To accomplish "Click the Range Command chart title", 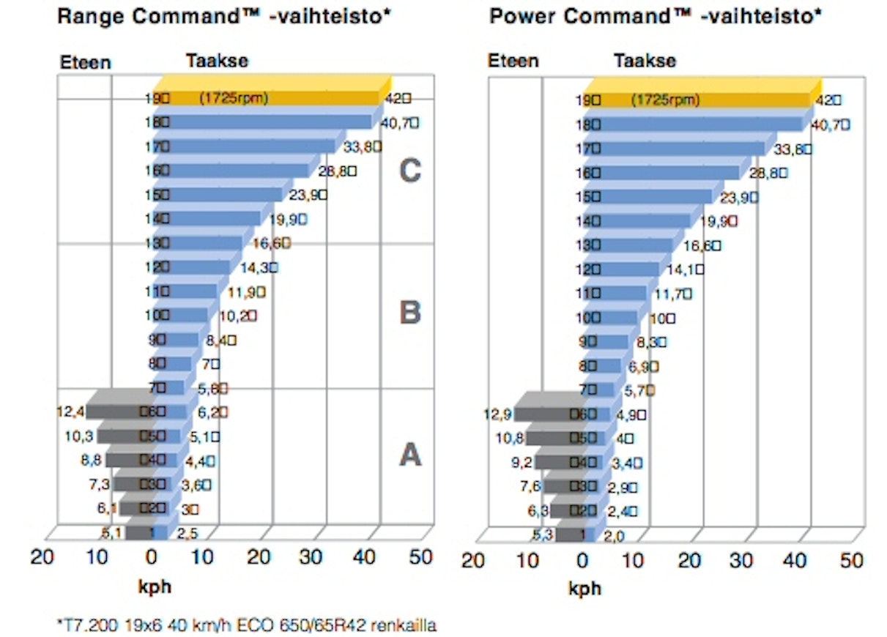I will coord(224,16).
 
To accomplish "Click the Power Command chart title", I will coord(655,16).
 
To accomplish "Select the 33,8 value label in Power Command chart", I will coord(793,149).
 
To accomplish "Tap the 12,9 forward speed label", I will coord(499,414).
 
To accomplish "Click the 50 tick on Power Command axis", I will coord(850,561).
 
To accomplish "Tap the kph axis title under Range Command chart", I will coord(155,587).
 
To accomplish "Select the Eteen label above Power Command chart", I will coord(513,62).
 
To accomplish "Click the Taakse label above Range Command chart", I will coord(218,61).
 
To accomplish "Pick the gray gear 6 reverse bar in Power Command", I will coord(546,414).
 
